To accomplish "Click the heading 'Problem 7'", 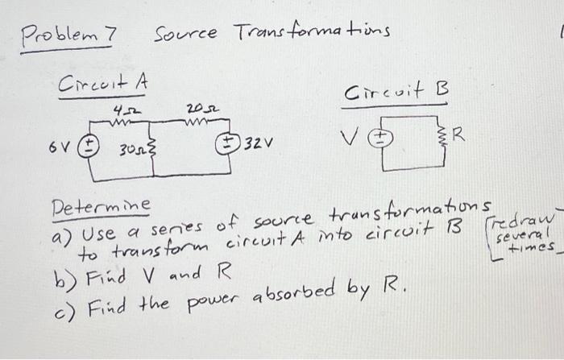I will pos(68,35).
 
